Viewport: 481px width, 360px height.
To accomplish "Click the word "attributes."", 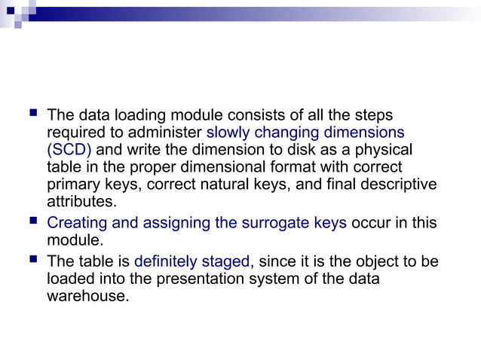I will [x=81, y=201].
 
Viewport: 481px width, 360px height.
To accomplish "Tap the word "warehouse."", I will [x=87, y=296].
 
